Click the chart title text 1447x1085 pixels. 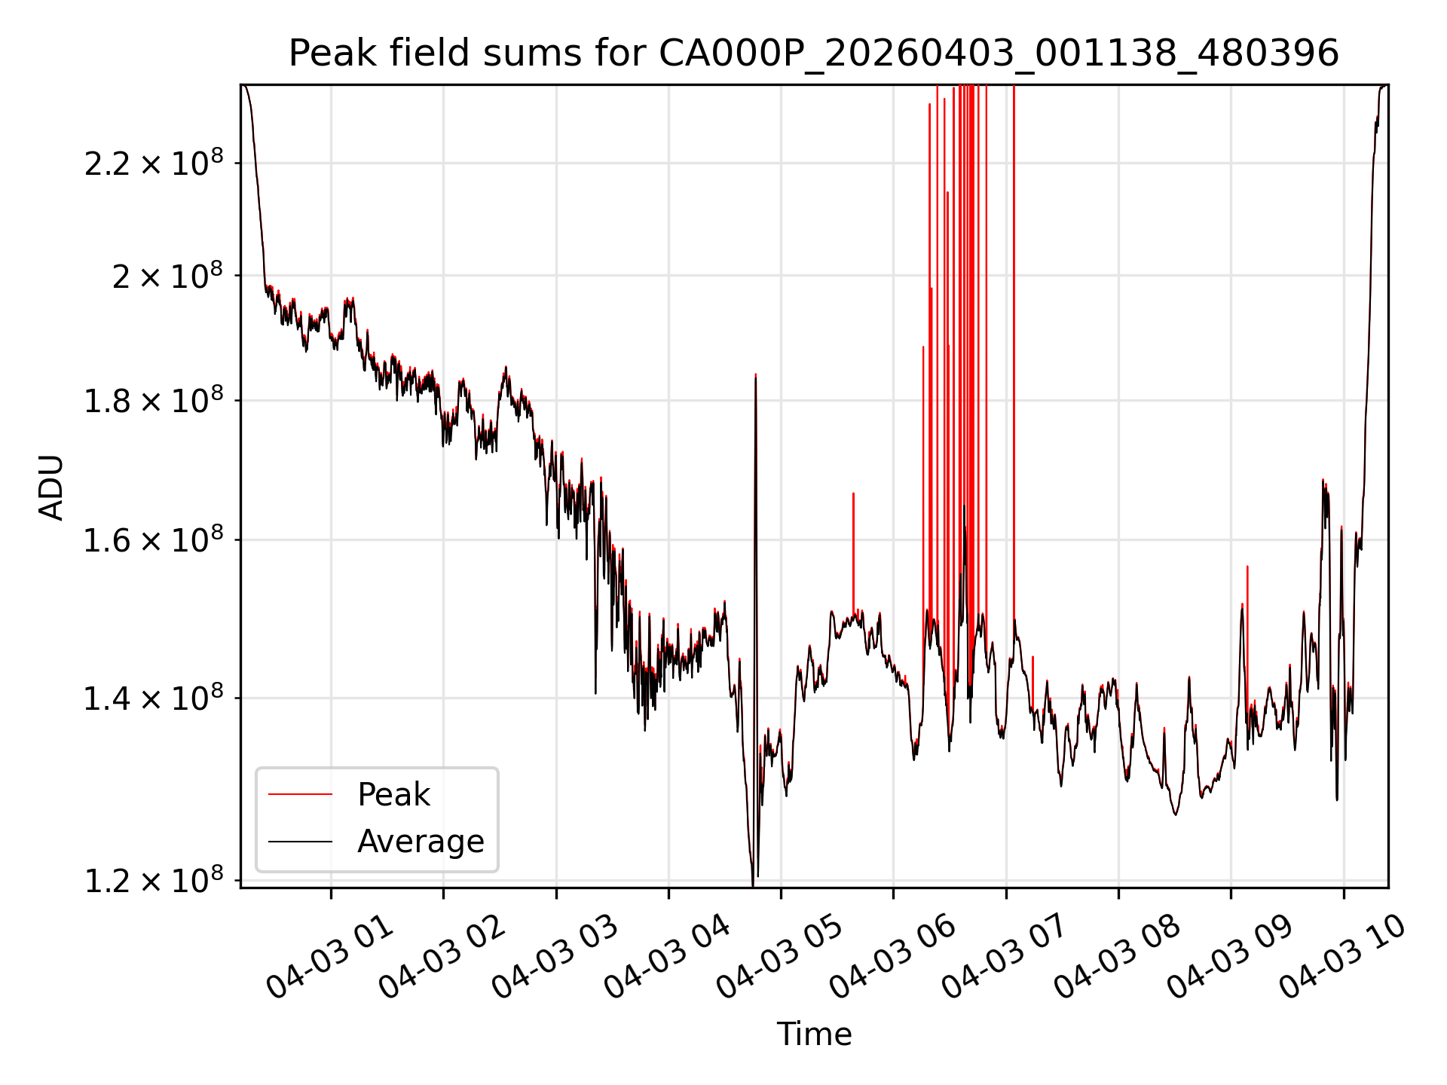pyautogui.click(x=814, y=53)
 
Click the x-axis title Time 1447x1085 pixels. pyautogui.click(x=814, y=1034)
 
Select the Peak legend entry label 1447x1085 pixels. pyautogui.click(x=393, y=794)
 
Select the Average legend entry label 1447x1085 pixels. pyautogui.click(x=421, y=841)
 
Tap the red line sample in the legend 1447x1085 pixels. pyautogui.click(x=300, y=794)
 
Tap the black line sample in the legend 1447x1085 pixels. pyautogui.click(x=300, y=841)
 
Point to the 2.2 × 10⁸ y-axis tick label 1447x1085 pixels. pyautogui.click(x=154, y=163)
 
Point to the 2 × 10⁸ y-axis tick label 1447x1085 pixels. pyautogui.click(x=167, y=276)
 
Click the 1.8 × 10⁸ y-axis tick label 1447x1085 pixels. pyautogui.click(x=154, y=401)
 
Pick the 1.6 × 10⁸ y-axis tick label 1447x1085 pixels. pyautogui.click(x=154, y=540)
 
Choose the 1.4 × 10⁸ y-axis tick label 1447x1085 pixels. pyautogui.click(x=154, y=698)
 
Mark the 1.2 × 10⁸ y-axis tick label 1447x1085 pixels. pyautogui.click(x=154, y=880)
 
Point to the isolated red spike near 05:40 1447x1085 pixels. pyautogui.click(x=853, y=554)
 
